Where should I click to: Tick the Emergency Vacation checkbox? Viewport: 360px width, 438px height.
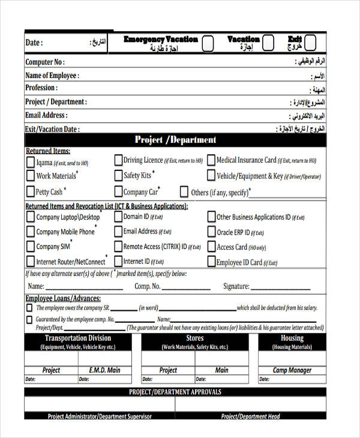point(208,43)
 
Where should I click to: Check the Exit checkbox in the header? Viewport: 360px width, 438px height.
point(310,43)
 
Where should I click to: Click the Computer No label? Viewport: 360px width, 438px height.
point(45,62)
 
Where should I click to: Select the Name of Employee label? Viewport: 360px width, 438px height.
point(52,75)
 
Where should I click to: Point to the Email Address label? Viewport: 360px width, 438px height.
point(46,115)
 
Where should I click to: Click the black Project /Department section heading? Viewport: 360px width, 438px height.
point(175,140)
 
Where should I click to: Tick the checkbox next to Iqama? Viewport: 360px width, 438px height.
point(30,162)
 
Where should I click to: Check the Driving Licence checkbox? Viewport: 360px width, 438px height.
point(118,160)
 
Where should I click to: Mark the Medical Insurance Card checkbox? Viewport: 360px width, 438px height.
point(211,160)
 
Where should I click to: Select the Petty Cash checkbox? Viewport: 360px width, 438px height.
point(30,192)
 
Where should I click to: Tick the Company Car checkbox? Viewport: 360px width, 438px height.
point(118,192)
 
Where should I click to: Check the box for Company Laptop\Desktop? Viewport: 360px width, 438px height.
point(30,217)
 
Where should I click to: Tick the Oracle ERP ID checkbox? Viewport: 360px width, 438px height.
point(211,232)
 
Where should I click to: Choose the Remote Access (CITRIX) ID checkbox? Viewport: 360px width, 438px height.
point(118,247)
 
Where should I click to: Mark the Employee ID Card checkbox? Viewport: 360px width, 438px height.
point(211,262)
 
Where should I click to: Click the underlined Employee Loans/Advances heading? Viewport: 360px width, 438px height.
point(63,298)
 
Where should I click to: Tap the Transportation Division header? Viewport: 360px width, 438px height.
point(78,338)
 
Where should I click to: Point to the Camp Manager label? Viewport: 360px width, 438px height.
point(292,370)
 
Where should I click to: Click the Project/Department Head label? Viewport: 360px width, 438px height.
point(251,416)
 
